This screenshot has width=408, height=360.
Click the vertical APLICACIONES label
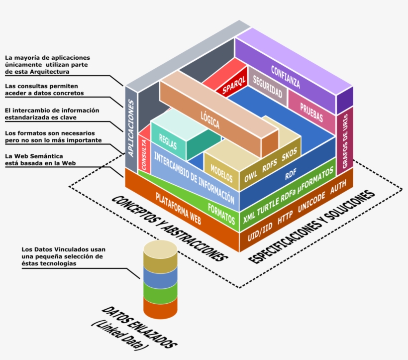click(x=131, y=129)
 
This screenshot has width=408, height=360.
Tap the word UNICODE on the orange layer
click(x=311, y=203)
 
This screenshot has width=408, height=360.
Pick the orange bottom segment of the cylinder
click(x=160, y=308)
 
